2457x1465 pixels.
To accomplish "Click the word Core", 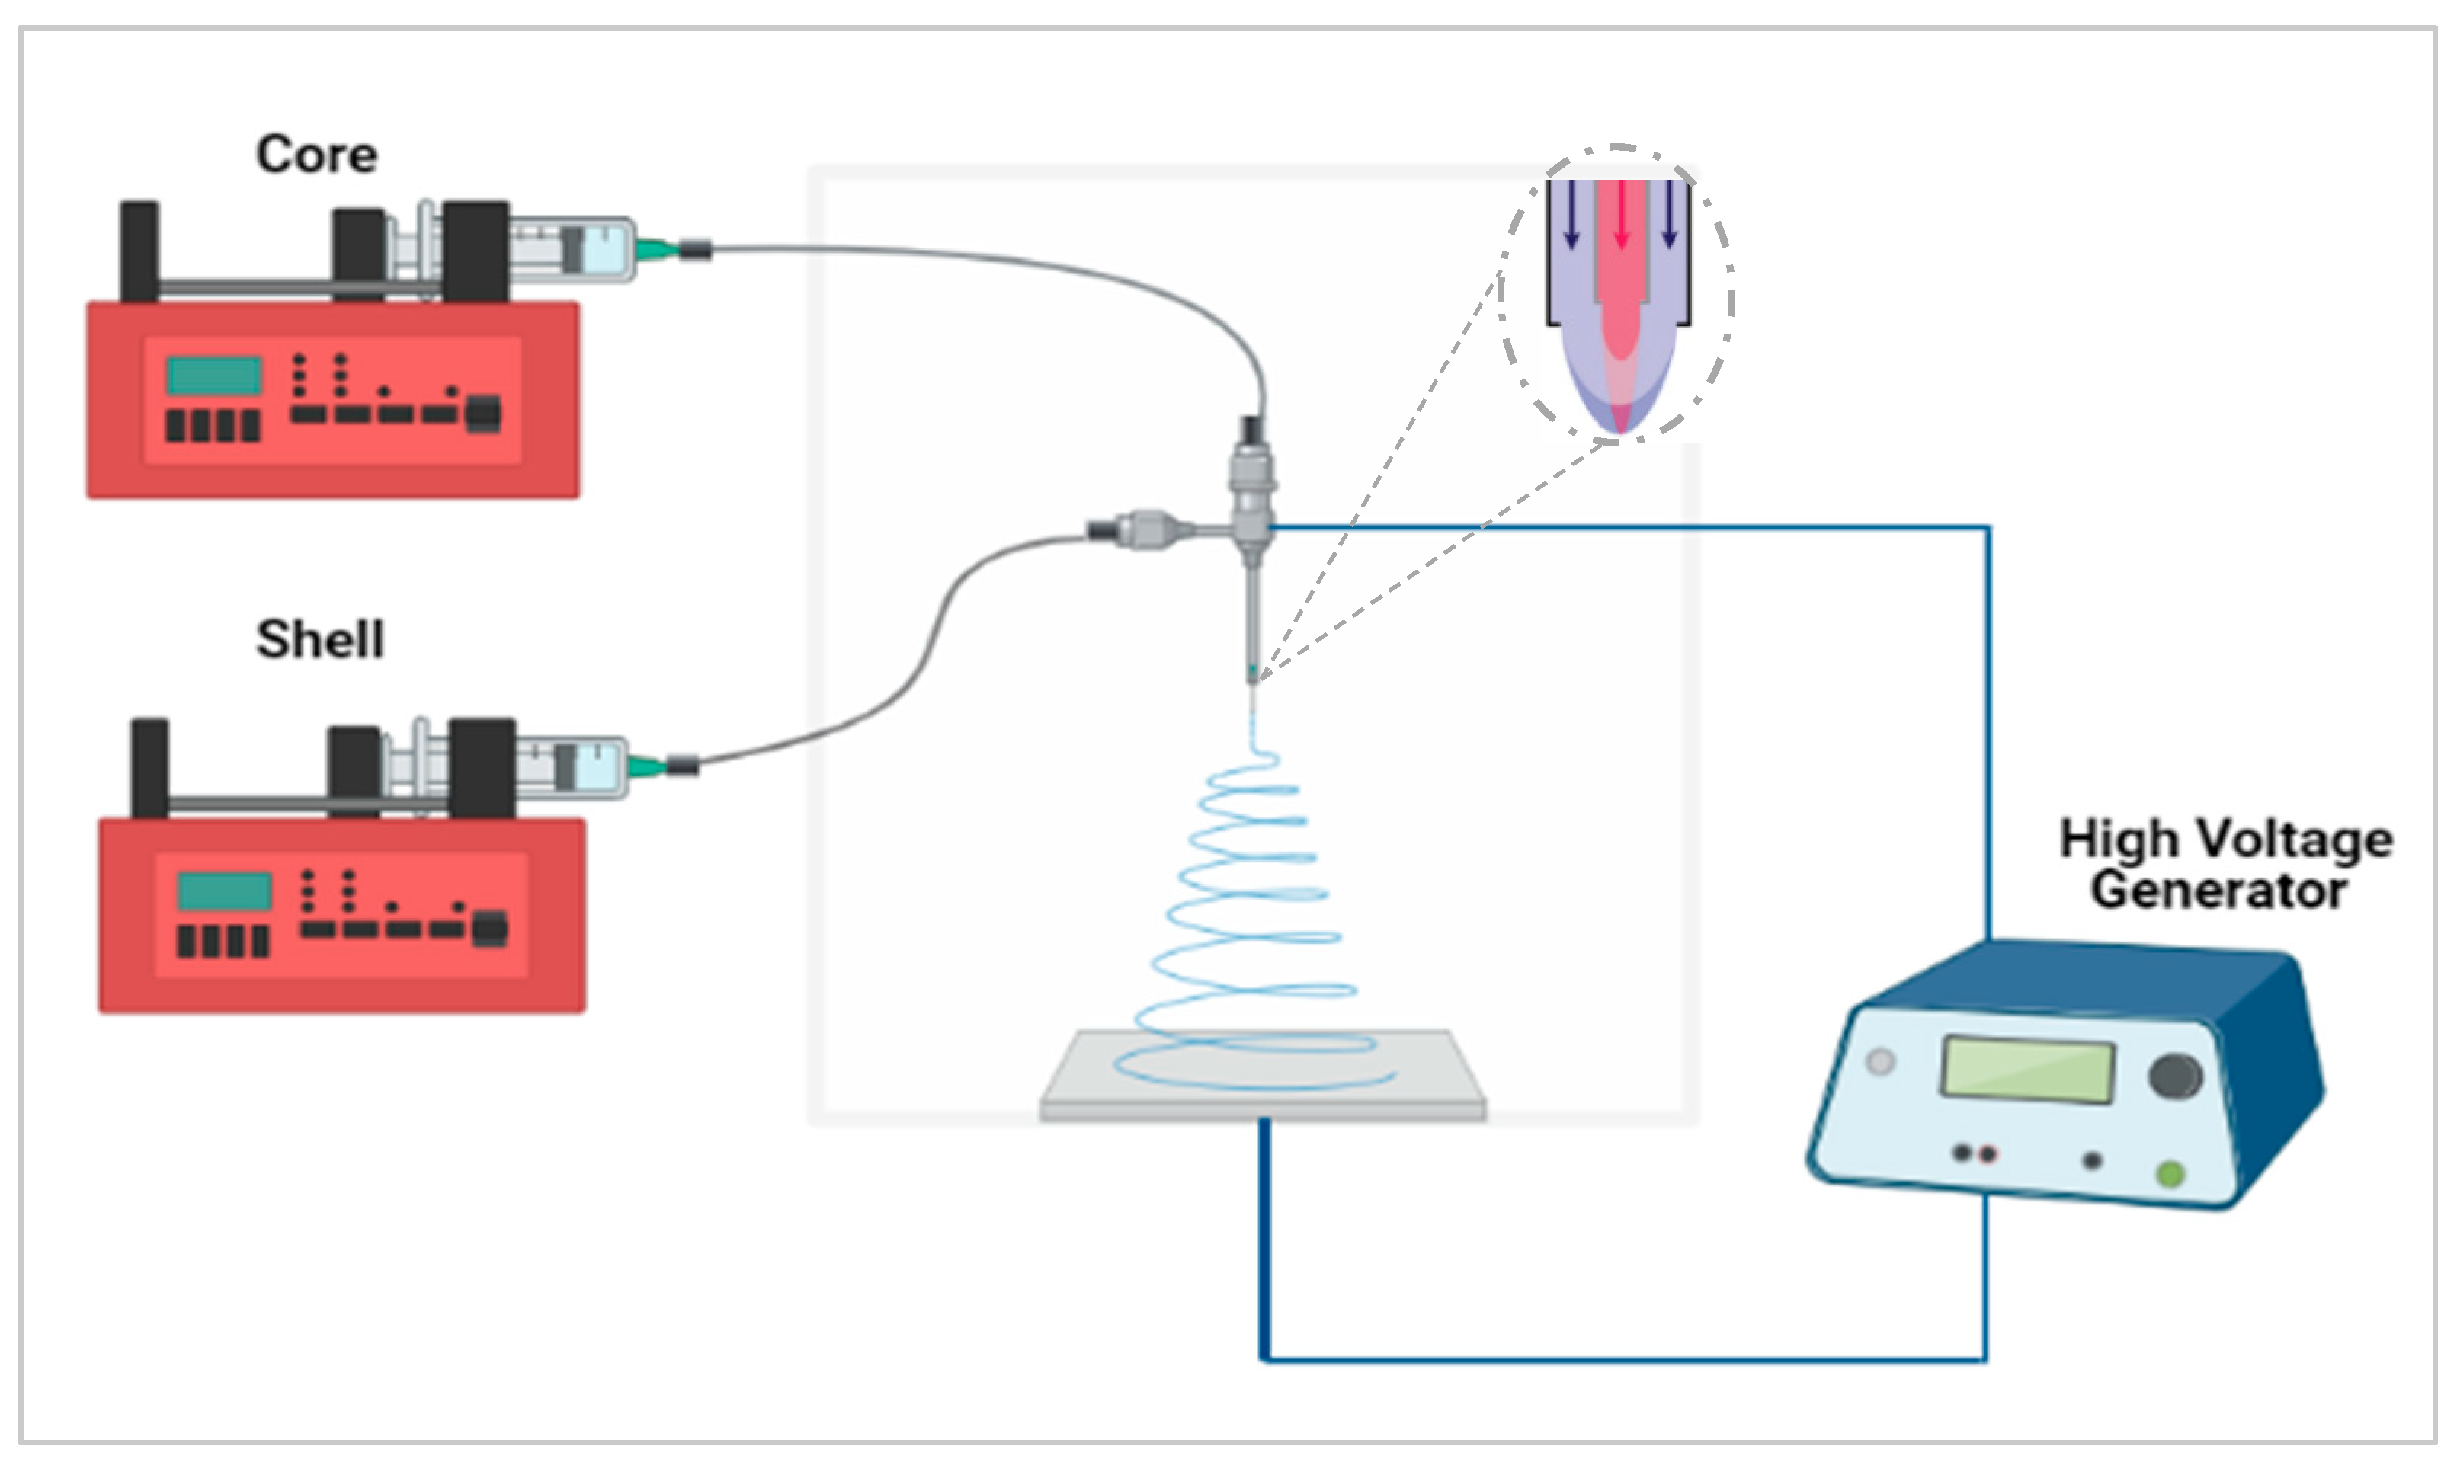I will point(316,155).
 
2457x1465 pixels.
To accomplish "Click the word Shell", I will point(320,640).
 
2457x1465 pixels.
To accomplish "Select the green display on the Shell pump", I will point(224,891).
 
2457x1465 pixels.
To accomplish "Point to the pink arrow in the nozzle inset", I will point(1620,215).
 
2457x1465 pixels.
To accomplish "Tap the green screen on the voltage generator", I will point(2027,1068).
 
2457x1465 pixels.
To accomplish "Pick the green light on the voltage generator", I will point(2170,1174).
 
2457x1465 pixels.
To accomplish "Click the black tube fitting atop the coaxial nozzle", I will point(1252,430).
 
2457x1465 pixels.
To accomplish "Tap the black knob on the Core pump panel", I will point(483,414).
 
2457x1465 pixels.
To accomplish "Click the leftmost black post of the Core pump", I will point(139,251).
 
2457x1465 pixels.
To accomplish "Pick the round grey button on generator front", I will point(1880,1062).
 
